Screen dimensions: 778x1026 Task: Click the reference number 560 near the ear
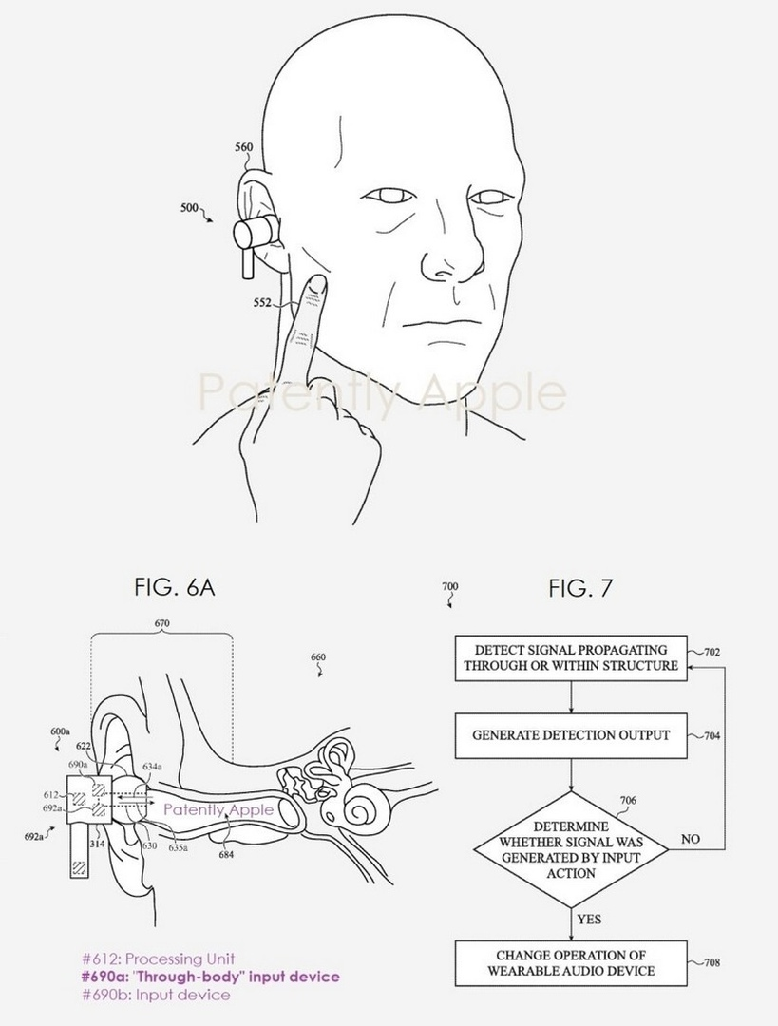click(243, 147)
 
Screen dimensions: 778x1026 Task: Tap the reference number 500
click(190, 206)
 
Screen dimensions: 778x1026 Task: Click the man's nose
click(437, 247)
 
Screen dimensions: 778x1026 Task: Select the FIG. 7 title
click(580, 587)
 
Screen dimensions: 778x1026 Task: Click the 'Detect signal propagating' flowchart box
click(571, 655)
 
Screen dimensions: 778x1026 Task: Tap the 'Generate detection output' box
click(571, 735)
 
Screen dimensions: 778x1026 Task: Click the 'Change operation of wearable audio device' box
click(571, 961)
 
